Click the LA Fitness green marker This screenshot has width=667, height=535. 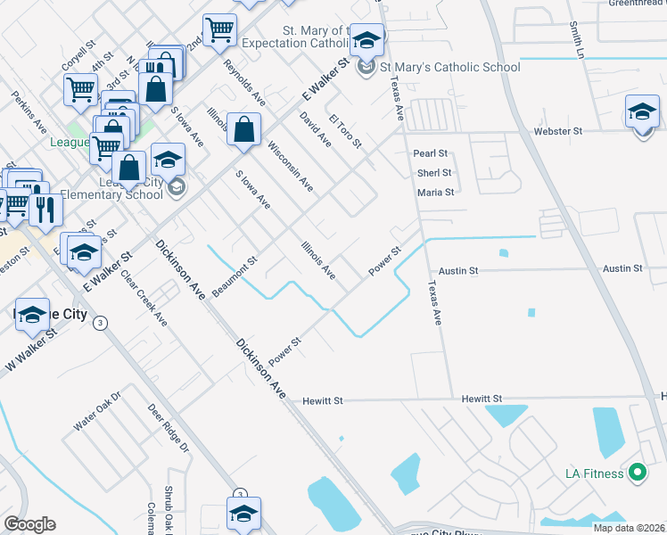[637, 473]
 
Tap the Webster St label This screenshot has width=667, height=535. [557, 131]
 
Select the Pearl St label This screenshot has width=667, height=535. [430, 154]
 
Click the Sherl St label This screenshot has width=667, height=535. [434, 173]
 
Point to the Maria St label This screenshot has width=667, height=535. [436, 192]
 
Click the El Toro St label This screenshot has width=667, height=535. [345, 131]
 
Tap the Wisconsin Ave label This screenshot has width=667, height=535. [291, 167]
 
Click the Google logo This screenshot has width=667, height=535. [29, 524]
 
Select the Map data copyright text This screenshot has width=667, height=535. [630, 528]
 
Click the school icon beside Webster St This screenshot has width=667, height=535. [642, 113]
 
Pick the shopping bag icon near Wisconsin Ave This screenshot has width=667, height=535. [243, 131]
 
